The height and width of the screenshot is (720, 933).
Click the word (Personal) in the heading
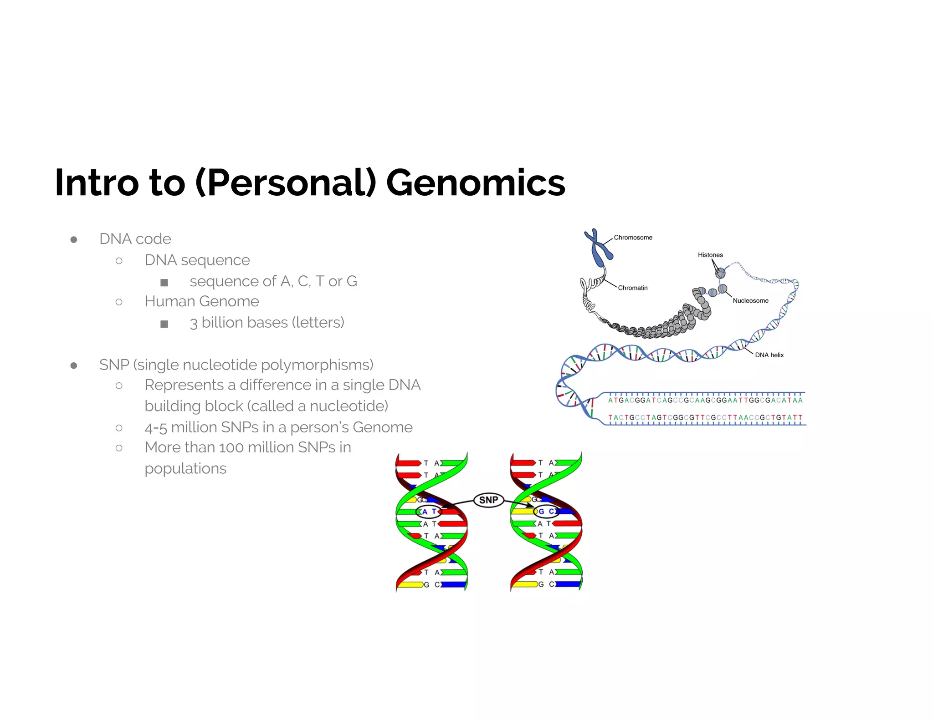[286, 183]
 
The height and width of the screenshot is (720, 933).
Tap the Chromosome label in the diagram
[633, 238]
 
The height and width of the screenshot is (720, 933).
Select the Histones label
[710, 255]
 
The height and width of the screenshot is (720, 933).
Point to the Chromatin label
[632, 288]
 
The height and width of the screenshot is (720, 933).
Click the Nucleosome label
[750, 300]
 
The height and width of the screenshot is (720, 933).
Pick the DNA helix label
[769, 355]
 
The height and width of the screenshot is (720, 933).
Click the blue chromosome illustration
[599, 248]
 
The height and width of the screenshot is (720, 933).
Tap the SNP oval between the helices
[488, 500]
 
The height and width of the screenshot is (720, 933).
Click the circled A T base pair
[429, 512]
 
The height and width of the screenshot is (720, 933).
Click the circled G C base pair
[546, 512]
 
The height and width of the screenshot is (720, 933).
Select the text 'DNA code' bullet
[135, 239]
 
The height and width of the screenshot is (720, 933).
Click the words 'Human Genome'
[201, 301]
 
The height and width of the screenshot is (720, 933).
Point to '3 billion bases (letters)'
[267, 323]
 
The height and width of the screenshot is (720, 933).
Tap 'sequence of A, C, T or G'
[273, 281]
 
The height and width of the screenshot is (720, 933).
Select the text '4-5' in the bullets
[156, 428]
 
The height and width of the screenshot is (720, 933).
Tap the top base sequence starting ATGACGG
[705, 401]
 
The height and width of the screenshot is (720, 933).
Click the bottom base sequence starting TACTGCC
[705, 417]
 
